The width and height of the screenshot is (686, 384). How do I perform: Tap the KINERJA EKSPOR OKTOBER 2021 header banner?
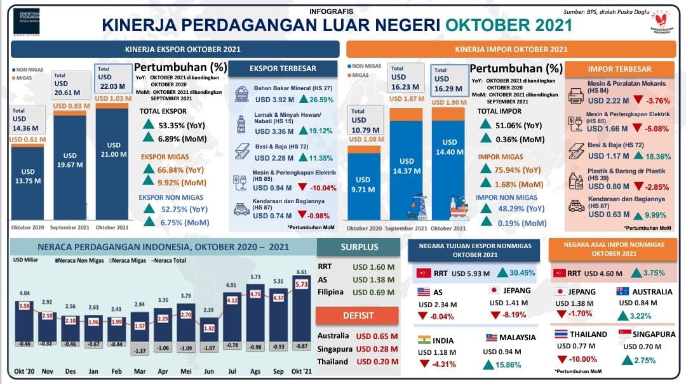pos(174,49)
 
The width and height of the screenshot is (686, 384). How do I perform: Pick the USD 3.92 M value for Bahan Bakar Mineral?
pos(274,100)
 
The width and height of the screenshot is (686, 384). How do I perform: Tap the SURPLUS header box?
pos(359,248)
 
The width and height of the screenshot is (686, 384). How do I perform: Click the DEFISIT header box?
pos(358,315)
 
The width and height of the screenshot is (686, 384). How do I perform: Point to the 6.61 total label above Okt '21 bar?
pos(302,272)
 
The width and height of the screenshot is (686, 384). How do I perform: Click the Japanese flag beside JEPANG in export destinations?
pos(493,291)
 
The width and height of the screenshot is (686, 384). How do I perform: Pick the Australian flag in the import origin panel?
pos(622,292)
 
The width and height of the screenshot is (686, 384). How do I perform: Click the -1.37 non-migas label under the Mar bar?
pos(140,350)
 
